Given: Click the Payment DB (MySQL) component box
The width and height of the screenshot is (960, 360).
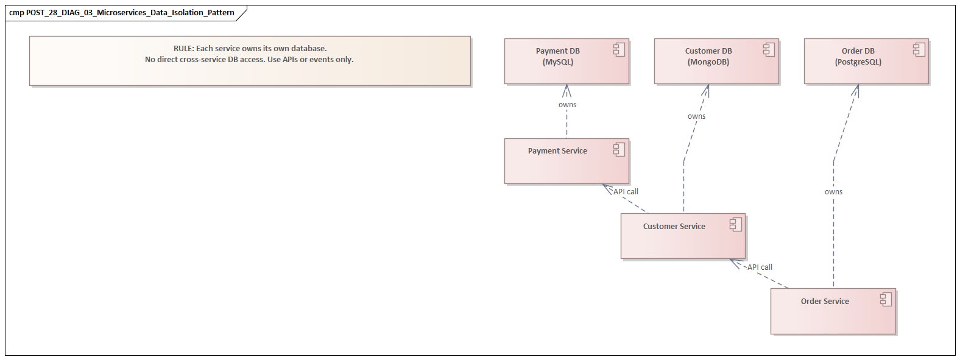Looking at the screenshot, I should [566, 62].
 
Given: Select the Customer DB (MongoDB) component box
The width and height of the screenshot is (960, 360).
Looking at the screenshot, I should [716, 62].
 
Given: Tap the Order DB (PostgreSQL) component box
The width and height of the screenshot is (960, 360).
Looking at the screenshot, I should [866, 62].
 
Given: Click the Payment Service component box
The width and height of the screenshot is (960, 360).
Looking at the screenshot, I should [566, 161].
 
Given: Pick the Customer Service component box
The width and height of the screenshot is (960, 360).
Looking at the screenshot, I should [682, 236].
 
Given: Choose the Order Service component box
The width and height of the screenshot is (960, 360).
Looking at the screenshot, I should [832, 311].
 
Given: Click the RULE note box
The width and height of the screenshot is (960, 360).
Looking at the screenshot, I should [250, 61].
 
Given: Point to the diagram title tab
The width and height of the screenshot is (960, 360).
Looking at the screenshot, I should [122, 13].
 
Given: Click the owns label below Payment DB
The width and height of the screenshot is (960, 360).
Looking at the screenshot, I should [567, 105].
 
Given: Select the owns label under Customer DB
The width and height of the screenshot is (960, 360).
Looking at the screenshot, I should [696, 116].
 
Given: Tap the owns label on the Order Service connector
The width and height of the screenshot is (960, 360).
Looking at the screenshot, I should [833, 192].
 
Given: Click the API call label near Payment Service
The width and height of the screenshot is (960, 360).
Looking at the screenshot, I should [626, 192].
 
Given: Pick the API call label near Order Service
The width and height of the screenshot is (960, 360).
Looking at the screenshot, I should [760, 267].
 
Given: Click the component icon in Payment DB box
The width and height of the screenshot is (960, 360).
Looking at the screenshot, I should [619, 50].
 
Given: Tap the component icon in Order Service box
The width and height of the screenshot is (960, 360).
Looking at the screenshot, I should [886, 299].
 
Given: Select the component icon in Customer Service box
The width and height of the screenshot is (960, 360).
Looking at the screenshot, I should [736, 224].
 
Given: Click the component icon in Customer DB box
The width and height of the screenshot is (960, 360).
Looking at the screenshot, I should [769, 50].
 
